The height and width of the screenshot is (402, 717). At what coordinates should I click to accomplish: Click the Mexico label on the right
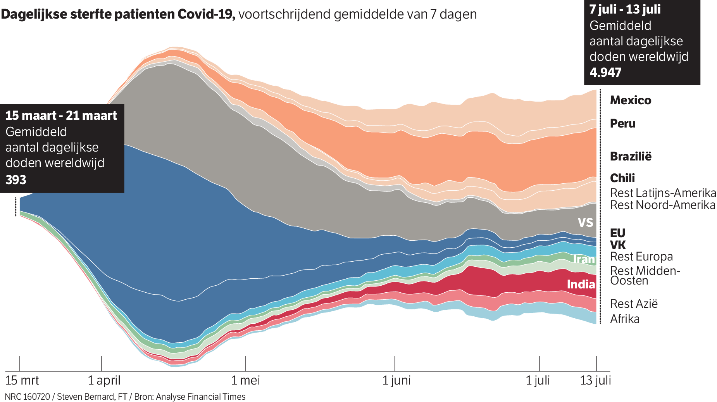[630, 100]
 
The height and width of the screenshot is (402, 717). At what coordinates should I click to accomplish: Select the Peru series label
[622, 124]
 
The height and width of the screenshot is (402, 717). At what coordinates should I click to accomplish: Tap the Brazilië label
[631, 157]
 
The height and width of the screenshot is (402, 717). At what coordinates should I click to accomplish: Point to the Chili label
[622, 178]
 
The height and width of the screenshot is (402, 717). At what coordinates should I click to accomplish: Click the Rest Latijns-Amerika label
[663, 193]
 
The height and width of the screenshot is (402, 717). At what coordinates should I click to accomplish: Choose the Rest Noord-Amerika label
[662, 205]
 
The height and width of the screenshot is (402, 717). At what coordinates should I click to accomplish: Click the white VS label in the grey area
[585, 223]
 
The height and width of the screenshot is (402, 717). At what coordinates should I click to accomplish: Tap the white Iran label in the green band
[584, 259]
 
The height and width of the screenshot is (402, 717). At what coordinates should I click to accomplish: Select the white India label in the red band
[581, 285]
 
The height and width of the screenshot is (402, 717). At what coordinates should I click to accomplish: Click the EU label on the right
[617, 233]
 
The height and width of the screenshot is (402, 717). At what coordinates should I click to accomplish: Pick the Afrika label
[624, 319]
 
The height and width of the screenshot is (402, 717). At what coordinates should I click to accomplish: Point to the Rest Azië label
[634, 304]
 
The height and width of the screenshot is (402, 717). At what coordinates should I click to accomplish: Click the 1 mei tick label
[245, 380]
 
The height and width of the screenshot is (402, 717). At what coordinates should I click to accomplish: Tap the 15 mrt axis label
[22, 380]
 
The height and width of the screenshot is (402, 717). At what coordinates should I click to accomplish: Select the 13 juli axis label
[595, 380]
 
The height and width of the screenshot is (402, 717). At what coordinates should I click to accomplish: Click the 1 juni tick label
[396, 380]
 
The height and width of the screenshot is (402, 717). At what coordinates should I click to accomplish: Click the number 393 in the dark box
[16, 180]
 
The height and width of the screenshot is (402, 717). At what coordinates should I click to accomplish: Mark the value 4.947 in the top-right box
[605, 72]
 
